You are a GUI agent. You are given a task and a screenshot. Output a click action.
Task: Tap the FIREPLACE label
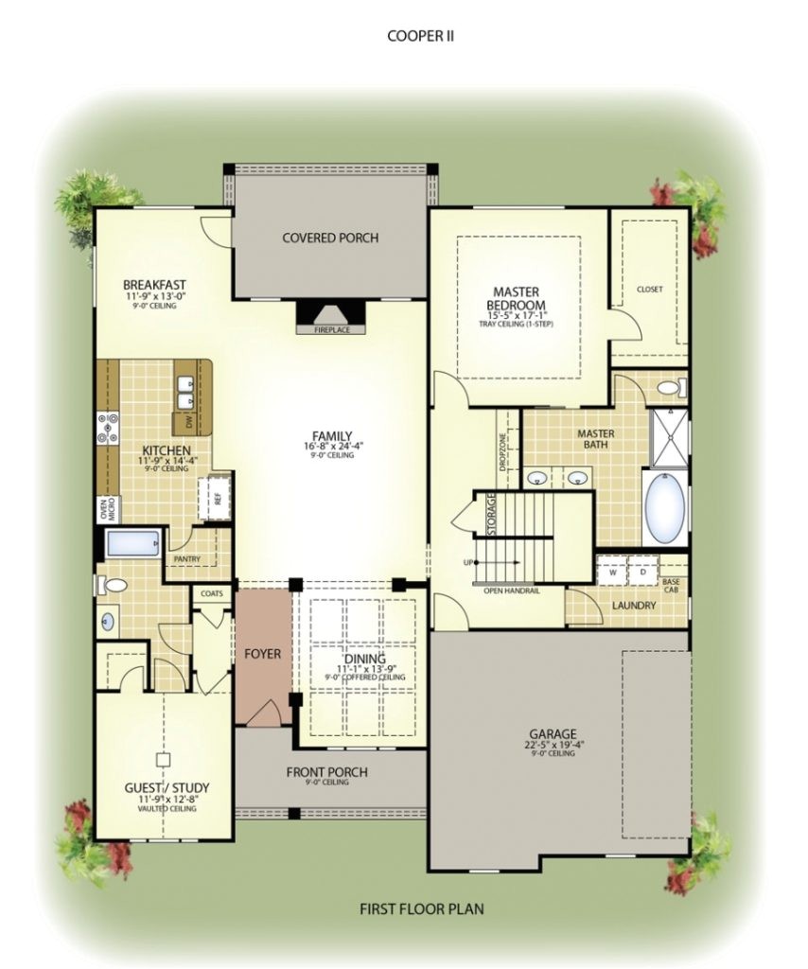pyautogui.click(x=325, y=330)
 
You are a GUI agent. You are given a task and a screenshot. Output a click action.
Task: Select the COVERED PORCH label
pyautogui.click(x=330, y=238)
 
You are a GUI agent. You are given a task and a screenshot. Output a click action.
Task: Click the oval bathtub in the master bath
pyautogui.click(x=666, y=508)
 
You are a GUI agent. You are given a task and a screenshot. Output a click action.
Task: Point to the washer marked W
pyautogui.click(x=612, y=572)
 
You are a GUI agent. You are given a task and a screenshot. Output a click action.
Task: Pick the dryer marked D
pyautogui.click(x=643, y=572)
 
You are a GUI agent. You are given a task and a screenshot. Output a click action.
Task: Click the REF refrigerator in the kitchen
pyautogui.click(x=217, y=496)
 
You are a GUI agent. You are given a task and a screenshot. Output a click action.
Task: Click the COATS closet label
pyautogui.click(x=210, y=593)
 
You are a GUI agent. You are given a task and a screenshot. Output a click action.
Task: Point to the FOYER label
pyautogui.click(x=262, y=654)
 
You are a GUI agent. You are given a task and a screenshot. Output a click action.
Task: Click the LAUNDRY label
pyautogui.click(x=633, y=604)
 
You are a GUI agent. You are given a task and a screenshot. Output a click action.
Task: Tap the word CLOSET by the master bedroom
pyautogui.click(x=649, y=290)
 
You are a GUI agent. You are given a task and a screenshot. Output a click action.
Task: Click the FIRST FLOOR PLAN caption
pyautogui.click(x=422, y=909)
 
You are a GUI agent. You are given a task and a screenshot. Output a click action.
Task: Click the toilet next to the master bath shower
pyautogui.click(x=671, y=387)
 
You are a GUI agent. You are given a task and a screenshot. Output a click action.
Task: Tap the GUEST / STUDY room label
pyautogui.click(x=167, y=787)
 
